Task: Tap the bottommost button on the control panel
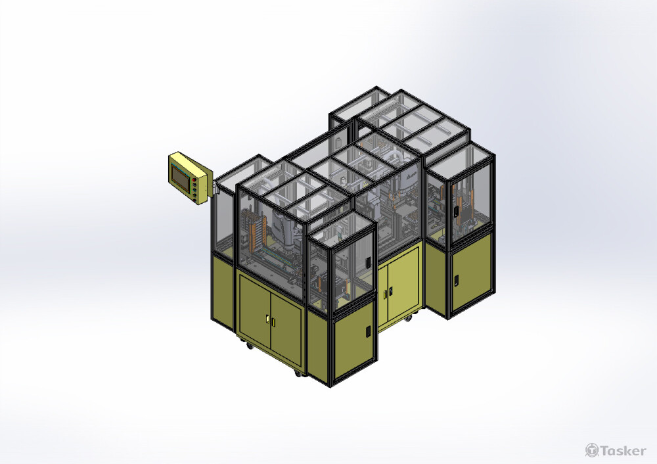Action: [196, 196]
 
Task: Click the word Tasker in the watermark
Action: [623, 451]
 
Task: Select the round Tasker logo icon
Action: [592, 450]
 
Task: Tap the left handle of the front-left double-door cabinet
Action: [267, 320]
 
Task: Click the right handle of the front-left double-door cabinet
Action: [273, 323]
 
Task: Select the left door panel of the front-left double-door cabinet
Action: [255, 311]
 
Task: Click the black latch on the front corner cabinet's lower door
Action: [368, 331]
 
